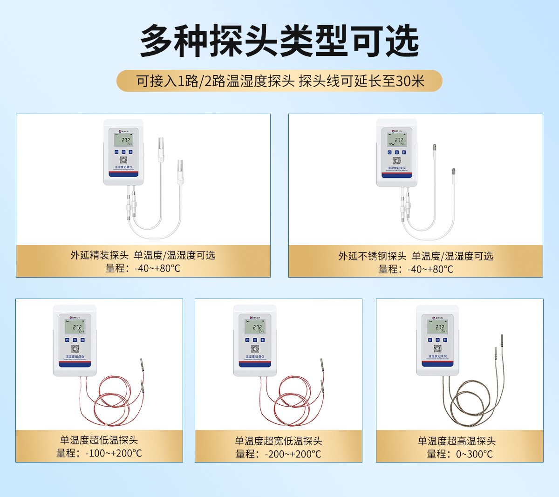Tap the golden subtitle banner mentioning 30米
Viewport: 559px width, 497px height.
(x=279, y=81)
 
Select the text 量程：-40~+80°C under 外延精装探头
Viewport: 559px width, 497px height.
(x=143, y=268)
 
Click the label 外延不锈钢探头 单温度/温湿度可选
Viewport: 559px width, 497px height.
(x=416, y=256)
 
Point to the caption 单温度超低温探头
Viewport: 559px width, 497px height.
(x=99, y=440)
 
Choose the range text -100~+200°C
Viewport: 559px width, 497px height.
(x=99, y=453)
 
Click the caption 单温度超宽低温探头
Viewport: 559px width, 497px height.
(x=278, y=441)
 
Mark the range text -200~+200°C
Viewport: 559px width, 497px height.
(x=278, y=454)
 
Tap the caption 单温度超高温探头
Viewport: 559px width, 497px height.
(x=457, y=441)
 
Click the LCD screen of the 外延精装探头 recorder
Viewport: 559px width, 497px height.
(x=123, y=140)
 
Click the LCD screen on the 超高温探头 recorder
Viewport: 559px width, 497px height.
(x=437, y=327)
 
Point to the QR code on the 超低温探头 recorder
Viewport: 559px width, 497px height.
(x=75, y=348)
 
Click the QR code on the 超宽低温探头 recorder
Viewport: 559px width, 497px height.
(x=255, y=348)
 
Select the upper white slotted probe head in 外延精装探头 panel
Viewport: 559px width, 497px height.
(x=161, y=148)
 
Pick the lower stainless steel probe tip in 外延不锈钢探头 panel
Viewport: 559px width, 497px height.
(x=453, y=173)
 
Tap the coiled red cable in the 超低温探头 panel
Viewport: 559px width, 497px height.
(x=112, y=405)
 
